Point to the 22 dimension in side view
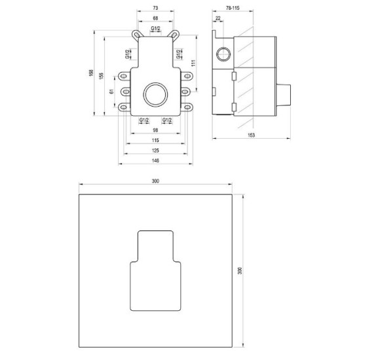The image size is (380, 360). click(218, 18)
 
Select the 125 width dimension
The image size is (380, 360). click(155, 149)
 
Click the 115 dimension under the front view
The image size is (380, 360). click(155, 140)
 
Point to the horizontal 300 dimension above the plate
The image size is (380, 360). click(155, 181)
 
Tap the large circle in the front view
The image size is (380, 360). click(156, 94)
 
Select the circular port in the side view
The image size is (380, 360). click(223, 53)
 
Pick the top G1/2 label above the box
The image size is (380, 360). click(156, 29)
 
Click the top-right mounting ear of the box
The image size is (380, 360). click(176, 33)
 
